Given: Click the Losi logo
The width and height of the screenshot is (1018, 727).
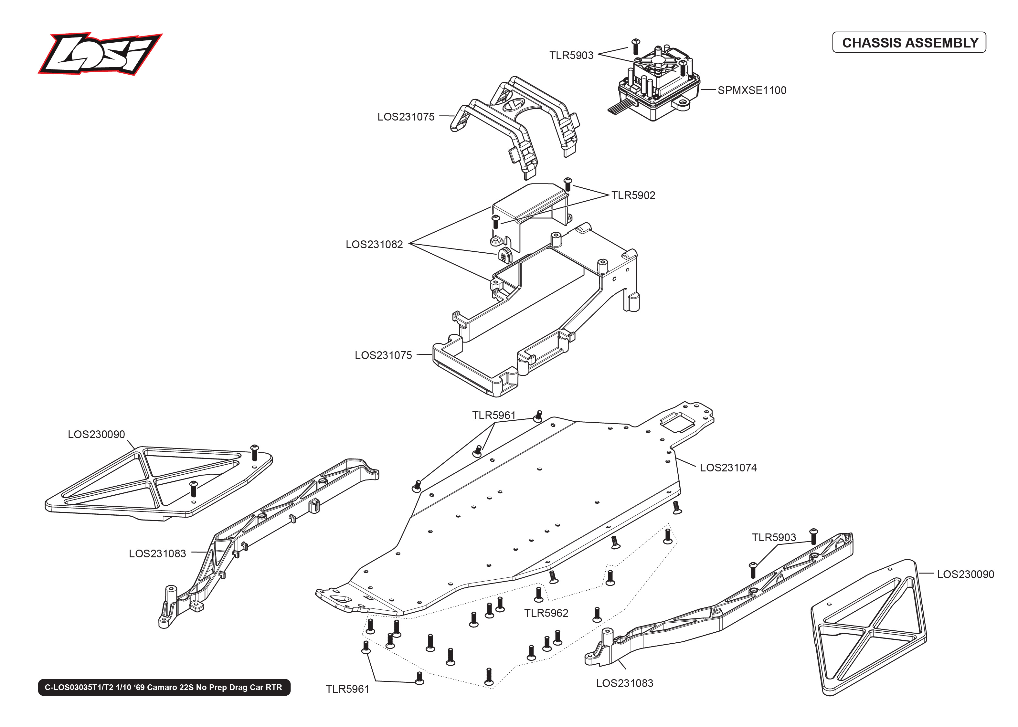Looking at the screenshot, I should [x=100, y=54].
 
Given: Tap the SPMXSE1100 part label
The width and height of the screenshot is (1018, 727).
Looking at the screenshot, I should [x=752, y=90].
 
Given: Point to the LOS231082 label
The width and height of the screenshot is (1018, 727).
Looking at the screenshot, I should [x=374, y=244].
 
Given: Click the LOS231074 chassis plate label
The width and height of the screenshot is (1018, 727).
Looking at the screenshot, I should [x=728, y=468].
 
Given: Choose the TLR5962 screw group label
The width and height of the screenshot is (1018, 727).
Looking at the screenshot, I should [x=546, y=613].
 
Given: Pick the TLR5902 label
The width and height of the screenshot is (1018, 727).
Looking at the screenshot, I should [x=633, y=195].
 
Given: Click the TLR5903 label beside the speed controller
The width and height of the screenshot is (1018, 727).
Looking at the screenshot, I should [x=571, y=56].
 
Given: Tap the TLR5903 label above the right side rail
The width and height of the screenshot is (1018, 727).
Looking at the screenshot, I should [x=774, y=538].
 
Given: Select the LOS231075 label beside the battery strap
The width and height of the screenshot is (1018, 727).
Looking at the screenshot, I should [x=406, y=117].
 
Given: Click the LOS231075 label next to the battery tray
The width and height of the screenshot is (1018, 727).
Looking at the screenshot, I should [x=383, y=355].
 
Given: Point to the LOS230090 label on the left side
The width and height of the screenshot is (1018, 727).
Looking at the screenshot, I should [x=96, y=435].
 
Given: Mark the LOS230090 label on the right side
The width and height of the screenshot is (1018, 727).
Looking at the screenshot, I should [x=965, y=574].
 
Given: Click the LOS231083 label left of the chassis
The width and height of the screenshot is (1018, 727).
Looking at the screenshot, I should [x=157, y=554].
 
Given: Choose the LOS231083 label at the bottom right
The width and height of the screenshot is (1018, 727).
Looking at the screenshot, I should [x=624, y=683].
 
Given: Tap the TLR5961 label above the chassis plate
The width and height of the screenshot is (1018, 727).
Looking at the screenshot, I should [x=494, y=416].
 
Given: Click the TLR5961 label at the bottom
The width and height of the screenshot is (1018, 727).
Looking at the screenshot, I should [x=347, y=689].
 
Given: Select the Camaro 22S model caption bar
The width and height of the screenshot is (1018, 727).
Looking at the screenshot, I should [x=164, y=687].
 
